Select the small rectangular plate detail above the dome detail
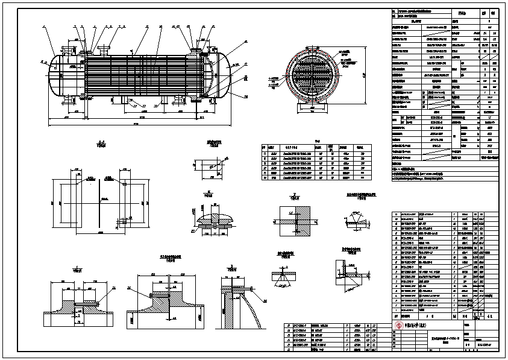coord(209,166)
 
